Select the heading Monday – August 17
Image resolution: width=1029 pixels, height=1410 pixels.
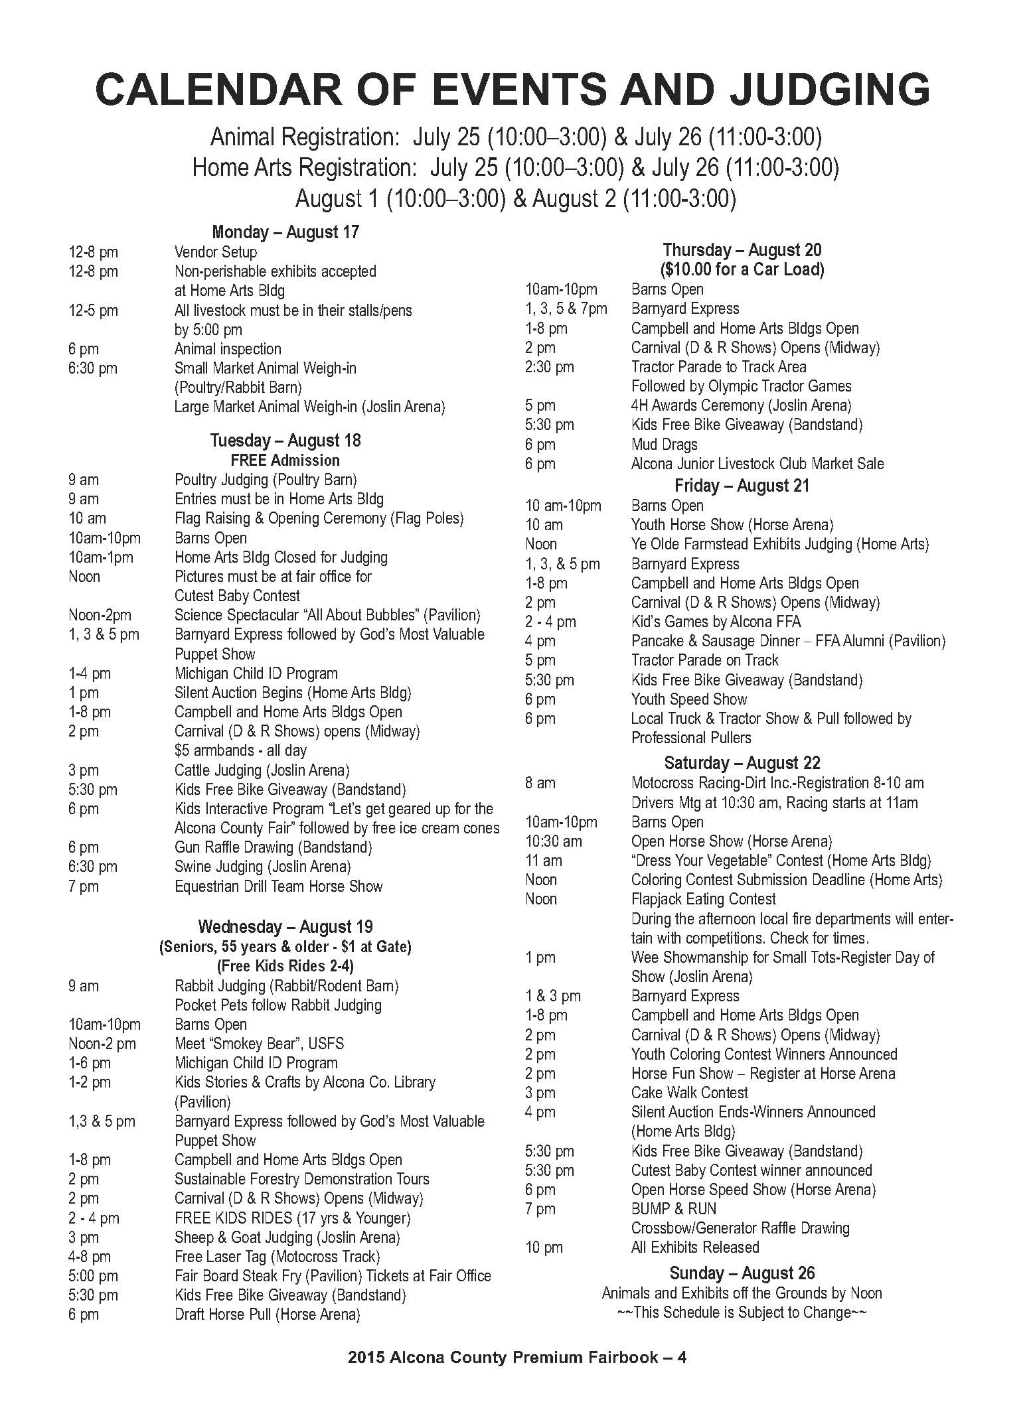point(285,232)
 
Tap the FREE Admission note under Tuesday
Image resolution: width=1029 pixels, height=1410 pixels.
point(285,460)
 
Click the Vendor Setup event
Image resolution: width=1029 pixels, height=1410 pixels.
point(215,252)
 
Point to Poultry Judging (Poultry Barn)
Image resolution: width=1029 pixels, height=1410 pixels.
point(266,480)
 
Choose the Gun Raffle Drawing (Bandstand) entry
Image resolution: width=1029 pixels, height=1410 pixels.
point(273,847)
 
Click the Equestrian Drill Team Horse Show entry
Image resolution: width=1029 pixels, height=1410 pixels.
point(278,886)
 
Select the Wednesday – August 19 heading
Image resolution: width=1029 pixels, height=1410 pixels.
point(285,927)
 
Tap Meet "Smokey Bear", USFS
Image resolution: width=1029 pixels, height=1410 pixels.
point(259,1044)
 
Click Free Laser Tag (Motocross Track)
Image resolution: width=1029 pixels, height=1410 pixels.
point(277,1257)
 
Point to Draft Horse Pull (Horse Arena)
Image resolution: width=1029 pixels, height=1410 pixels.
point(267,1314)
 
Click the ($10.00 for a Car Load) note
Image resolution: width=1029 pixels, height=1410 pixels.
point(742,269)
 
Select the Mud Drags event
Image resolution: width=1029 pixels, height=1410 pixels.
point(664,445)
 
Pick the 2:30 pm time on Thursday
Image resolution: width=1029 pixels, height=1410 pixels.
point(549,367)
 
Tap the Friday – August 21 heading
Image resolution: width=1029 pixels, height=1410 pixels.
point(742,486)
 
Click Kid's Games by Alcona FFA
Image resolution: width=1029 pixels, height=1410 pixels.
point(716,622)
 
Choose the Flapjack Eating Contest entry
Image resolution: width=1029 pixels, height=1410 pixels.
point(703,899)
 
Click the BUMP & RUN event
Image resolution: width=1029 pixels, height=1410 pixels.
point(673,1209)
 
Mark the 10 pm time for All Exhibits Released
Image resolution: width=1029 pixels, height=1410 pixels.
point(543,1247)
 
